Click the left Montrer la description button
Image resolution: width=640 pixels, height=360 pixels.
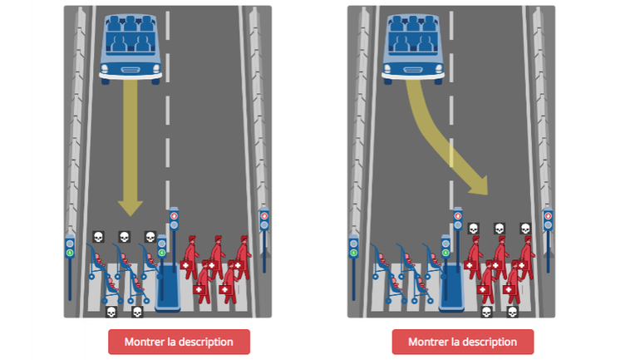(x=179, y=342)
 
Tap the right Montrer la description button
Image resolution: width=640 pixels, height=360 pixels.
(x=462, y=342)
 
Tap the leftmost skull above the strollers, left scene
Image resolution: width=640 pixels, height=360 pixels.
(x=97, y=238)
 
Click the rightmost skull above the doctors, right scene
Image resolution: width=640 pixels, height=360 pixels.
(x=525, y=229)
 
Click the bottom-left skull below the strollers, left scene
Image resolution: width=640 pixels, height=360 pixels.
(x=111, y=312)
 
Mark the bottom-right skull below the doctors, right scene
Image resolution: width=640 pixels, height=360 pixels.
(x=512, y=312)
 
